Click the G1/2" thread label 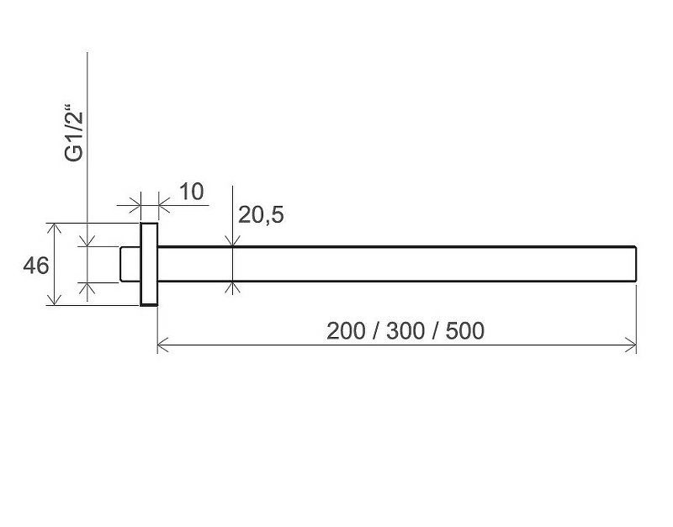point(74,136)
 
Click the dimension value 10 point(192,192)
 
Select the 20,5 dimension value point(261,215)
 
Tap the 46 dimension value point(36,266)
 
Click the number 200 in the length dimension point(347,331)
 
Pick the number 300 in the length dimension point(405,331)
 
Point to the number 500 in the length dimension point(465,331)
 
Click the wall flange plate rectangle point(149,264)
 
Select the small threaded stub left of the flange point(130,264)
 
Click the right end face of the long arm point(636,264)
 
